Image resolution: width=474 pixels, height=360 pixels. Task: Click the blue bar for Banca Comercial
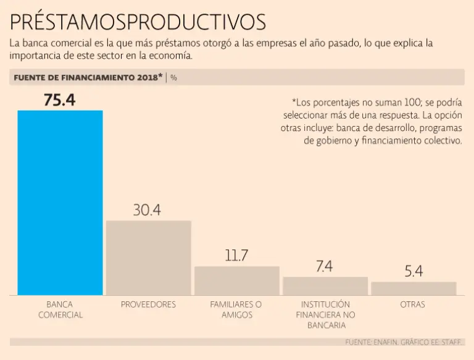(60, 203)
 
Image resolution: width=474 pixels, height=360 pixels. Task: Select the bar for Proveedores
(148, 257)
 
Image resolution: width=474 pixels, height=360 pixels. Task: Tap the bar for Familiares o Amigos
(236, 280)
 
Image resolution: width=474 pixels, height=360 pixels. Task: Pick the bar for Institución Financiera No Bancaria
(325, 286)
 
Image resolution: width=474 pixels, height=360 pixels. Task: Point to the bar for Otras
(414, 288)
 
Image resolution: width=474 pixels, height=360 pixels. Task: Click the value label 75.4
(59, 100)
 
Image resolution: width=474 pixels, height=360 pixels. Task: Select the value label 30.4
(147, 210)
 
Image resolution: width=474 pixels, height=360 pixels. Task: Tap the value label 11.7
(236, 256)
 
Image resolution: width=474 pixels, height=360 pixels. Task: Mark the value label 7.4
(324, 266)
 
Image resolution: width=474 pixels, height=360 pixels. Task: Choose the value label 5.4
(414, 271)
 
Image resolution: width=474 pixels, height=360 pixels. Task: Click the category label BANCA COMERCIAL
(60, 309)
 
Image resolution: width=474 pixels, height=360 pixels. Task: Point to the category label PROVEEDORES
(148, 304)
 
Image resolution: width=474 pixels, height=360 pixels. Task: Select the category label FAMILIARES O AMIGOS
(236, 309)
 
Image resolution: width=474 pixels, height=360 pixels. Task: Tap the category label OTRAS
(412, 304)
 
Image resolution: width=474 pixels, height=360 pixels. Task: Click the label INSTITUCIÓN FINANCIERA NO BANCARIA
(325, 314)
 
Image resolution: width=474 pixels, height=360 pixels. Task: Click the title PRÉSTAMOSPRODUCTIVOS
(138, 22)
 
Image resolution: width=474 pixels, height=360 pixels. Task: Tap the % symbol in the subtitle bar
(173, 78)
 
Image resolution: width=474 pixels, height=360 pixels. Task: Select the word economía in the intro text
(170, 56)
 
